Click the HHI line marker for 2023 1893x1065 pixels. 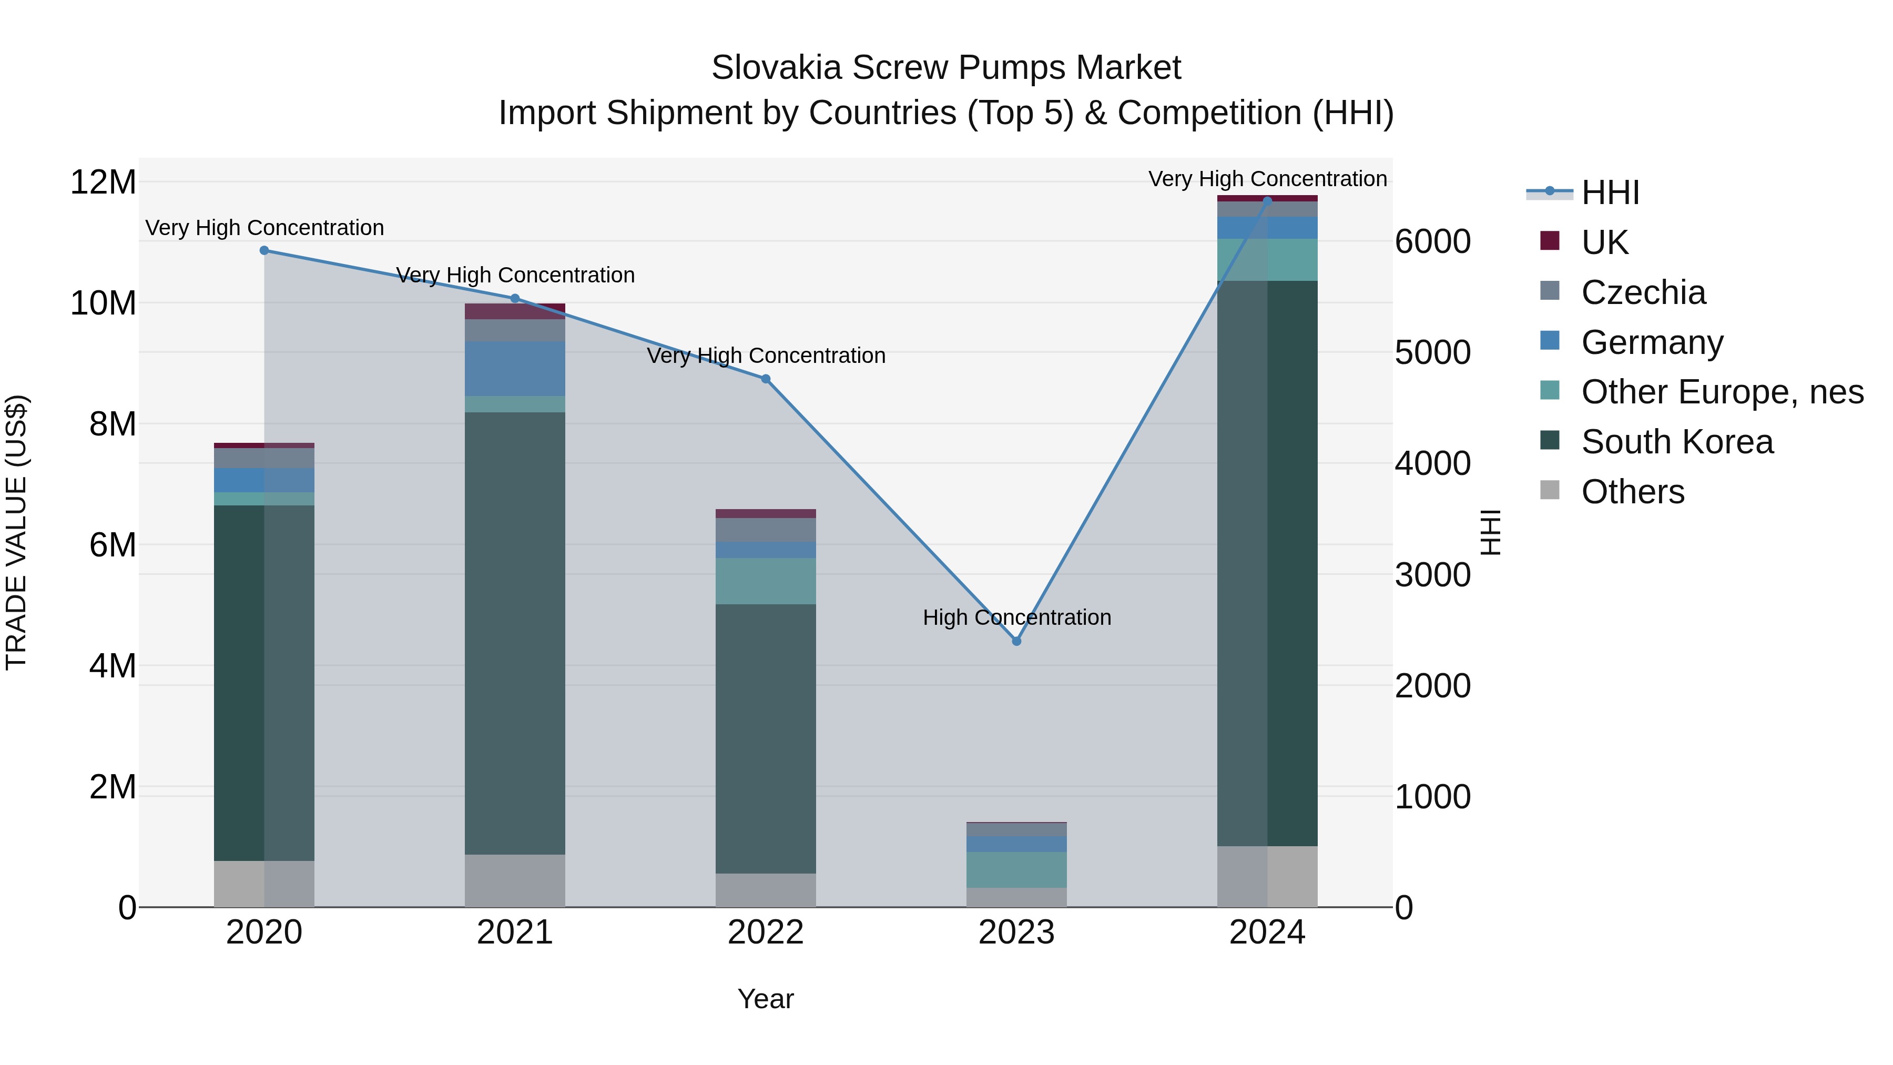(1016, 641)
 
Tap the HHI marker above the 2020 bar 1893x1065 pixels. (264, 251)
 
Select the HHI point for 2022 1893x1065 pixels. (766, 379)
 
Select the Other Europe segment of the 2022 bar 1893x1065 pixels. (766, 581)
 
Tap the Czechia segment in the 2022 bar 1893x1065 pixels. (766, 530)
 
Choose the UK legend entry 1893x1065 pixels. (1604, 242)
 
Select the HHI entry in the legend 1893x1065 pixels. (1610, 192)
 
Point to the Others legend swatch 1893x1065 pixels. (1549, 490)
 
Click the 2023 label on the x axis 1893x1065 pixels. (1016, 932)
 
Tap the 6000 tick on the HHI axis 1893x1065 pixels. (1433, 242)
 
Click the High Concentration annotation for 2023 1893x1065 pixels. (1016, 617)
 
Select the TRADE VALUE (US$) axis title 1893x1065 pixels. (16, 532)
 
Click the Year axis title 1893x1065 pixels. (766, 999)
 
